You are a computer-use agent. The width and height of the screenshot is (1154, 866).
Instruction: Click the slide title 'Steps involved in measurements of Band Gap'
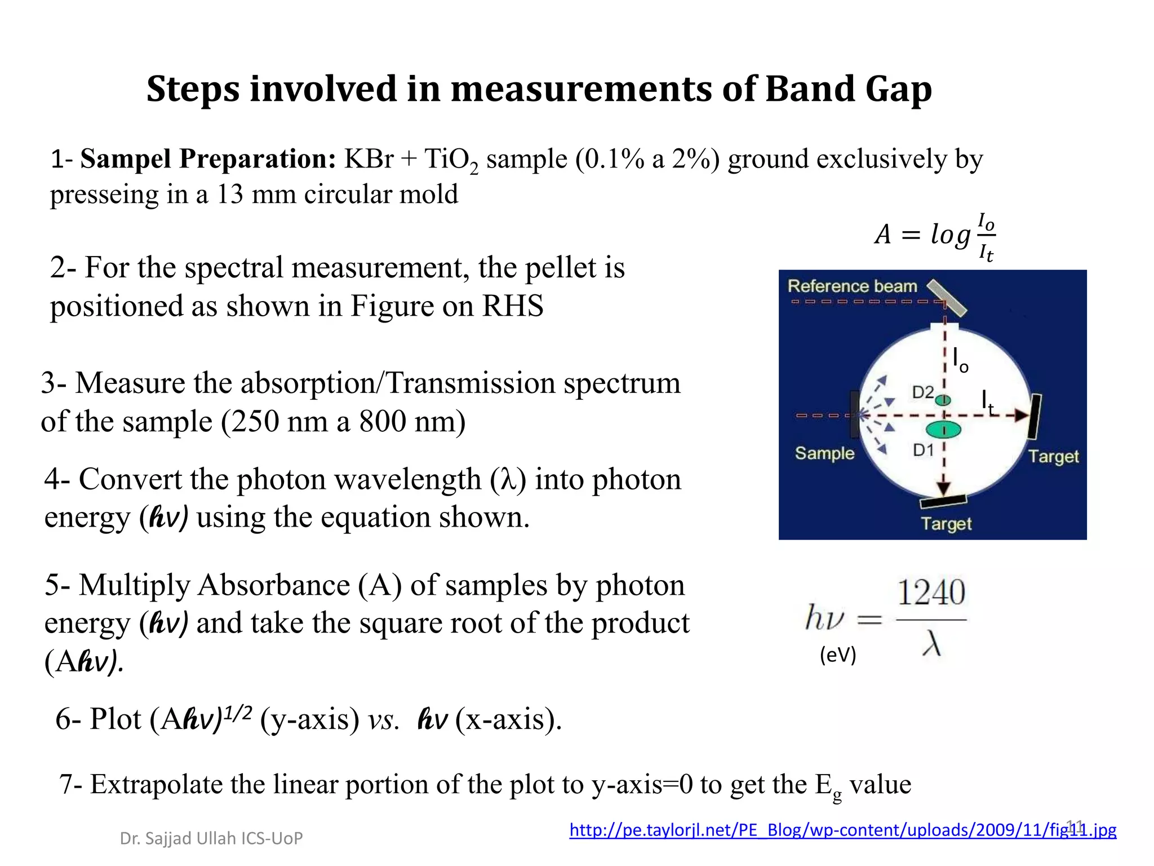(539, 89)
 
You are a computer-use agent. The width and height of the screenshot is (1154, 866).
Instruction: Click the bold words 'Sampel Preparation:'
(208, 159)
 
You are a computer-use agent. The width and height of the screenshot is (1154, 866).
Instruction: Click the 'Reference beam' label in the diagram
(852, 286)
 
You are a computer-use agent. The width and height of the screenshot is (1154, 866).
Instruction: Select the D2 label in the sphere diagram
(922, 392)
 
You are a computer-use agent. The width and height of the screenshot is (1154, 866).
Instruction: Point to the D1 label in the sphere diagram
(923, 450)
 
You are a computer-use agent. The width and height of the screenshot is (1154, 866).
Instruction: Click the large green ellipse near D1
(944, 430)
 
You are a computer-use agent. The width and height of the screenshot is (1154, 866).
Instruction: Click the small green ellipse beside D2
(943, 400)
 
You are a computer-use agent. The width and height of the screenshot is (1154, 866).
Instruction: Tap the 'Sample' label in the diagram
(824, 453)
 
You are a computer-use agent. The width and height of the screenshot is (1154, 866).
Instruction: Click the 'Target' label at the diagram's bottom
(946, 524)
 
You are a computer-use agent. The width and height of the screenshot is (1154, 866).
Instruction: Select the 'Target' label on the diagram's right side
(1053, 456)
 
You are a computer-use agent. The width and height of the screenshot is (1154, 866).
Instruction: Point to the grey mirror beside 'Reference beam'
(947, 297)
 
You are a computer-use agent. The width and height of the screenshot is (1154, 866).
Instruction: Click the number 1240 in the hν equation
(931, 593)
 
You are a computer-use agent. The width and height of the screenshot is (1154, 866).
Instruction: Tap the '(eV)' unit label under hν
(838, 655)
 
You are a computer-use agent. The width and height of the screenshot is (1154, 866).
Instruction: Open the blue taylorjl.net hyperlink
(842, 830)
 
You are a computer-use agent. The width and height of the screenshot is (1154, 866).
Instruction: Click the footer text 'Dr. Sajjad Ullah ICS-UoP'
(211, 838)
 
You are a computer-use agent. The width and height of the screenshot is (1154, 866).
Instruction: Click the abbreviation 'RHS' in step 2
(512, 306)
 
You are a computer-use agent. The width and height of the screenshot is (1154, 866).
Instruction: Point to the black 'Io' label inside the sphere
(960, 359)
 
